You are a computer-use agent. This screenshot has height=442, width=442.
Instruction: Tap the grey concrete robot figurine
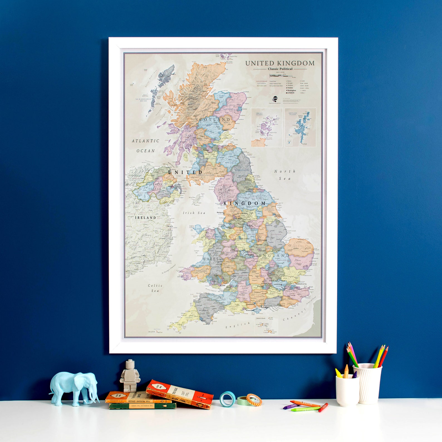pyautogui.click(x=128, y=376)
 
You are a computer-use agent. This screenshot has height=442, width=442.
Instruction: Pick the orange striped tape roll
pyautogui.click(x=254, y=400)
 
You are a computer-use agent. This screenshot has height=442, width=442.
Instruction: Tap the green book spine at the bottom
pyautogui.click(x=142, y=406)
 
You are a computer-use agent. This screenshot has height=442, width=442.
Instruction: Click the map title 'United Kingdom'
pyautogui.click(x=280, y=63)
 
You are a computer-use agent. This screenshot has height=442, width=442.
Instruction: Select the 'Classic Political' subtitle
pyautogui.click(x=280, y=69)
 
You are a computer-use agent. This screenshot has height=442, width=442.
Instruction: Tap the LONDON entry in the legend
pyautogui.click(x=291, y=93)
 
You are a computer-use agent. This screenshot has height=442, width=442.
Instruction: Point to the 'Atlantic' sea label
pyautogui.click(x=145, y=141)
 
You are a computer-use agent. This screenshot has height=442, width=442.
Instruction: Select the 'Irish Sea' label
pyautogui.click(x=194, y=213)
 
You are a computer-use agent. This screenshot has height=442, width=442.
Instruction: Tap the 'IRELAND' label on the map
pyautogui.click(x=146, y=218)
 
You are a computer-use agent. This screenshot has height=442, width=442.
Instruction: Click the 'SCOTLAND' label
pyautogui.click(x=213, y=120)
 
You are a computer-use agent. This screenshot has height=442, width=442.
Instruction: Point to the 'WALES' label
pyautogui.click(x=211, y=259)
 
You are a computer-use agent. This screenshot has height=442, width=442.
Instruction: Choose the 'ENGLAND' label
pyautogui.click(x=274, y=256)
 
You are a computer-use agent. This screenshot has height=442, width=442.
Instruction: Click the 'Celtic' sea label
pyautogui.click(x=155, y=286)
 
